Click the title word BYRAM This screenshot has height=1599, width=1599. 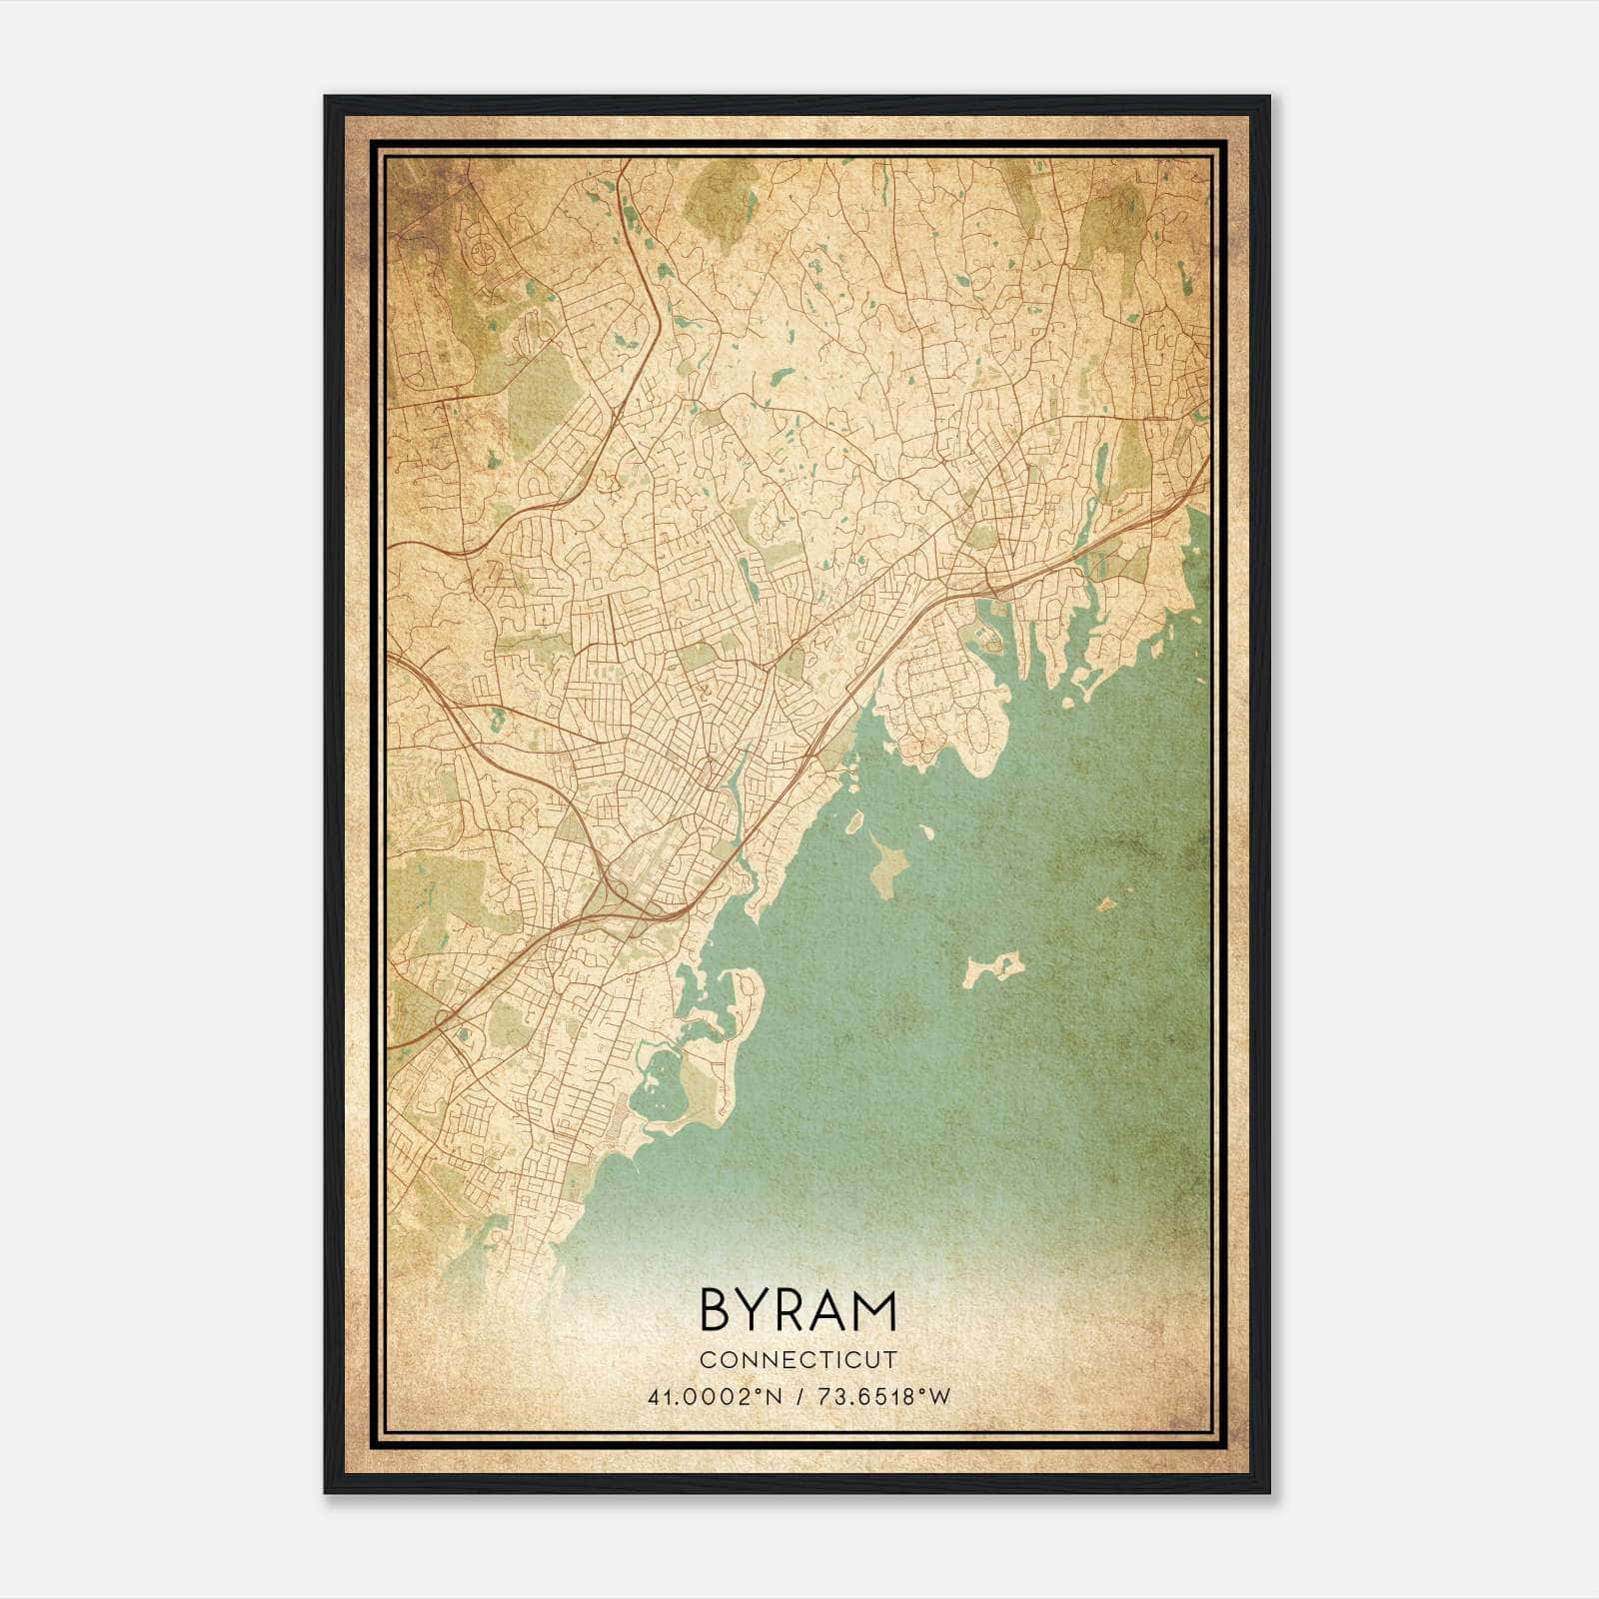click(x=798, y=1310)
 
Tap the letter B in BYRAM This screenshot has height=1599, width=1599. click(x=716, y=1310)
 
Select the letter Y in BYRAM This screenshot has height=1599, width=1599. click(x=755, y=1310)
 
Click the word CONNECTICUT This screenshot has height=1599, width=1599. click(x=798, y=1359)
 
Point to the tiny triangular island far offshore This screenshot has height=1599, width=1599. click(x=1106, y=903)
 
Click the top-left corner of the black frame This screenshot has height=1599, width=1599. click(x=326, y=98)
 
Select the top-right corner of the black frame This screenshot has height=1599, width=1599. click(x=1268, y=98)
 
